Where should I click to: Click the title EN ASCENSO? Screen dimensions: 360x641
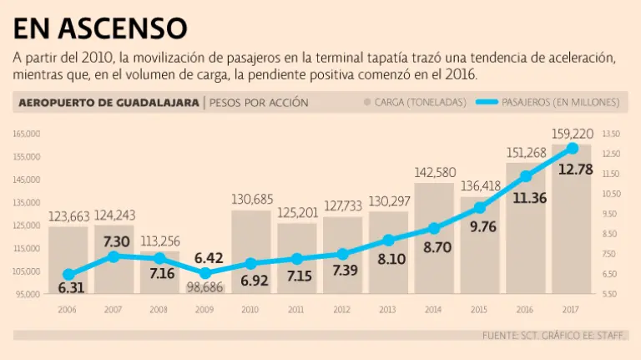click(100, 28)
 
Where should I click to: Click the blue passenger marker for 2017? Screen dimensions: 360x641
click(573, 148)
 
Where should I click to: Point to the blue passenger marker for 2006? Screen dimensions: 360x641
click(68, 274)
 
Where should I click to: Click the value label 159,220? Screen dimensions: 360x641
click(573, 133)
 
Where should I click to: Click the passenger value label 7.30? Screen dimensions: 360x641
click(114, 241)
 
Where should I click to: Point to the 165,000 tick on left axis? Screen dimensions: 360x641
click(28, 134)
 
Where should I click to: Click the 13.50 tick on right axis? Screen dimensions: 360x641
click(611, 134)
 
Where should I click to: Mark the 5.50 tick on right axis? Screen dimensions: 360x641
click(611, 294)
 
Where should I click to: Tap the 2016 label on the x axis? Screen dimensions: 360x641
click(526, 309)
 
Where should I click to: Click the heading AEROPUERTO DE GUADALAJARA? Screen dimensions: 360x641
click(108, 103)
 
